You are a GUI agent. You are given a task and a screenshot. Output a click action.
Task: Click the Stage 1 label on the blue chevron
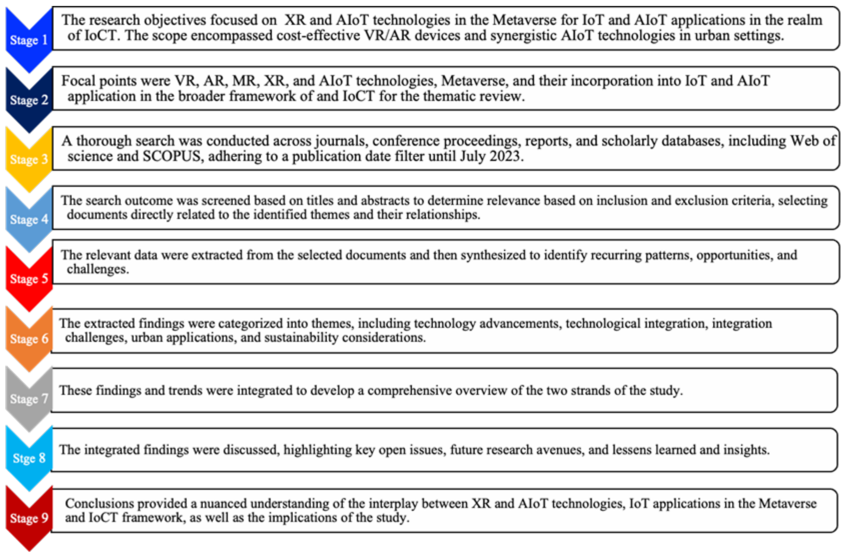click(29, 40)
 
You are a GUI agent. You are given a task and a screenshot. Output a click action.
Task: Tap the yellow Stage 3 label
click(29, 159)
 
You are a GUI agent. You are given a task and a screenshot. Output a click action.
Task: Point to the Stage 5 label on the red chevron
click(29, 279)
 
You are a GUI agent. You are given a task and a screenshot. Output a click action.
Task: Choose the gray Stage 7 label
click(29, 399)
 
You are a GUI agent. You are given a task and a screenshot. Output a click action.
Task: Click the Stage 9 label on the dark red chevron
click(29, 518)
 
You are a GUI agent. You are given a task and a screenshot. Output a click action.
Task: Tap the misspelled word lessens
click(629, 450)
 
